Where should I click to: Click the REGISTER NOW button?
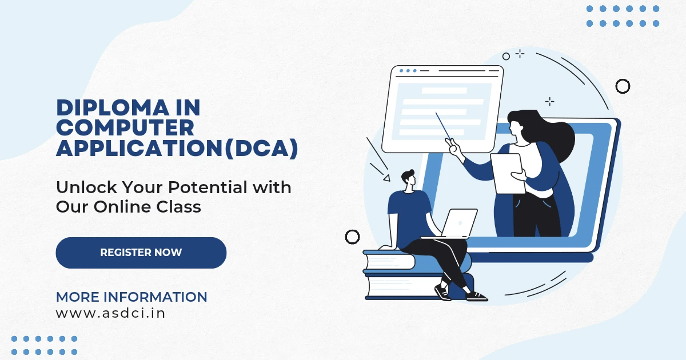141,253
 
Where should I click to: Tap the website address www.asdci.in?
110,313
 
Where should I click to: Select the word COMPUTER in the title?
125,127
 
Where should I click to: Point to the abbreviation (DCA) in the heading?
261,149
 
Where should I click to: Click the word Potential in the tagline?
208,187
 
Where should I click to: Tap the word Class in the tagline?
179,207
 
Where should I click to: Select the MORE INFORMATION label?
131,297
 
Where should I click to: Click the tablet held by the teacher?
507,174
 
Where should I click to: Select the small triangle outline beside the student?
387,178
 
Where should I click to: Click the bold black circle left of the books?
352,237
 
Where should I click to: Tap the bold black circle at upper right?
623,86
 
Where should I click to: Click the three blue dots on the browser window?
408,71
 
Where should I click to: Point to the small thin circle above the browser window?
506,57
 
